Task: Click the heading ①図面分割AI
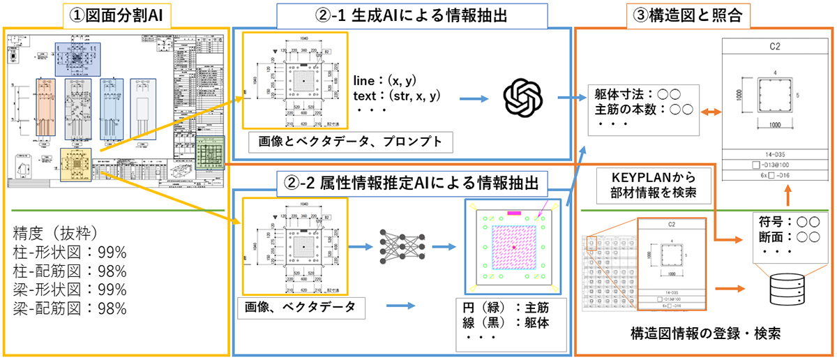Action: pos(116,13)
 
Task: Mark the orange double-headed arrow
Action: pos(707,111)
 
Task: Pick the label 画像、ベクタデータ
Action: pos(300,306)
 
